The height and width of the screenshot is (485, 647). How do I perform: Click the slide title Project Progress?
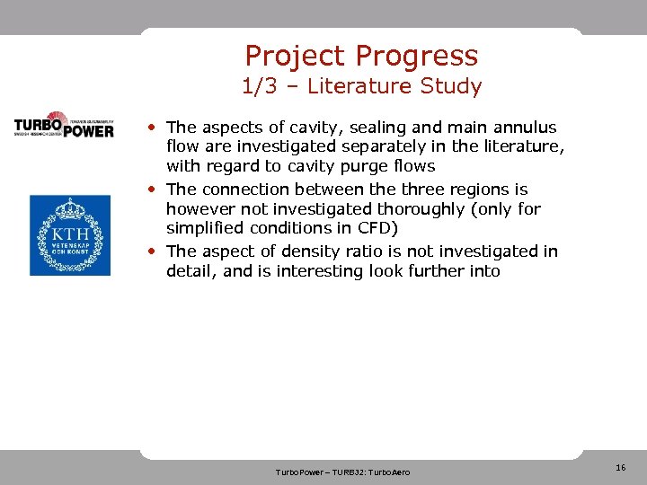pos(361,56)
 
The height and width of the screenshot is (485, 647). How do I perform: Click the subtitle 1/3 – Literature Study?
pos(361,86)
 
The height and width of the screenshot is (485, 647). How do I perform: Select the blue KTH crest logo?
pos(70,235)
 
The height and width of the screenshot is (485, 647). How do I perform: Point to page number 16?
pos(620,468)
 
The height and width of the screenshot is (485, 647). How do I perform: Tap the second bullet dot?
pos(155,189)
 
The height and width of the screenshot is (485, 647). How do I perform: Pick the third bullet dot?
pos(155,251)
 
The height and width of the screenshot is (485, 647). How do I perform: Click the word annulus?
pos(524,128)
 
